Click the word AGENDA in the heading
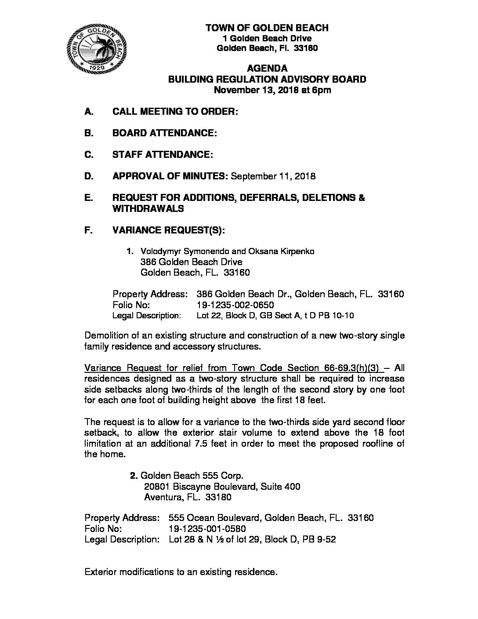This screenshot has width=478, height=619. tap(267, 68)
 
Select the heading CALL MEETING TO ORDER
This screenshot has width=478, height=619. tap(175, 112)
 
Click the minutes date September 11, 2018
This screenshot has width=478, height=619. tap(273, 176)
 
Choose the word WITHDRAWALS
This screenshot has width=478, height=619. tap(148, 209)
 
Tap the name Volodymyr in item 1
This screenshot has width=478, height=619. tap(159, 251)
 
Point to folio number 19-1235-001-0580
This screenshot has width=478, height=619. tap(207, 529)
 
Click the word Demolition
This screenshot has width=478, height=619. tap(106, 336)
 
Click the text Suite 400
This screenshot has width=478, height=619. tap(281, 486)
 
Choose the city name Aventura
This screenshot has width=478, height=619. tap(161, 497)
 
